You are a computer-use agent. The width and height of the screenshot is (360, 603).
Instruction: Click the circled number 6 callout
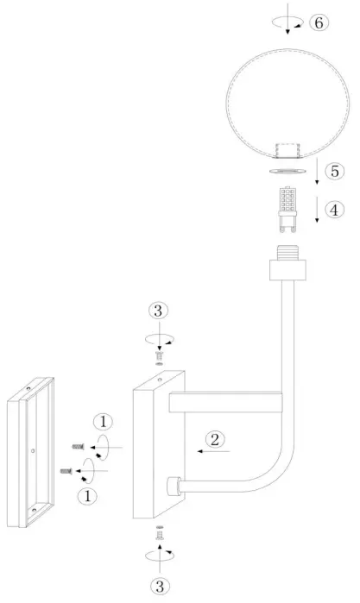pos(318,22)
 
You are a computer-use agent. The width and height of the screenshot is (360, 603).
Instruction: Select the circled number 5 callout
pos(335,171)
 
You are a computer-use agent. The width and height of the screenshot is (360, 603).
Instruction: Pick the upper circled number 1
pos(102,422)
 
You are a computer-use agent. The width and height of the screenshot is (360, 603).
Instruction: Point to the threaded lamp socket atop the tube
pos(287,261)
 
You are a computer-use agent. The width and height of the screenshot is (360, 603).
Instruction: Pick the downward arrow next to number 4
pos(318,211)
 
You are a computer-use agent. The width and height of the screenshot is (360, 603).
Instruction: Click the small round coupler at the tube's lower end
pos(173,486)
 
